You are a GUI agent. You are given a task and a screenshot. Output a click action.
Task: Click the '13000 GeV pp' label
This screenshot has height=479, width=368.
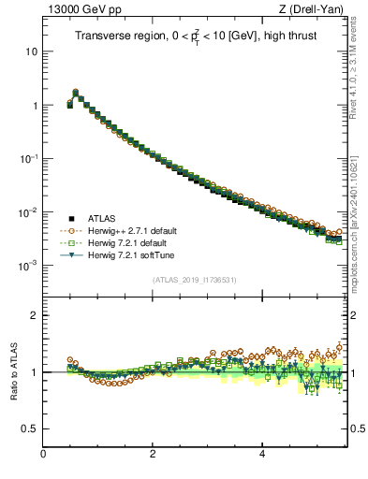[76, 9]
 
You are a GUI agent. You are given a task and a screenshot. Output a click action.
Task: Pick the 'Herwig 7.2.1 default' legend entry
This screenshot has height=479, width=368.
[125, 242]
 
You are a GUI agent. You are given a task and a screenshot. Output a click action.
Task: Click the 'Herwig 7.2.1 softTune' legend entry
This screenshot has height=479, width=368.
[127, 254]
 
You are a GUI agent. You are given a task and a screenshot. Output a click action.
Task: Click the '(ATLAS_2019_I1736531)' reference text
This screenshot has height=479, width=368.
[195, 280]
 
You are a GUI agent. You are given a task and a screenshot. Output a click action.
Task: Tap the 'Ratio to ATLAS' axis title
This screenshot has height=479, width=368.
[13, 371]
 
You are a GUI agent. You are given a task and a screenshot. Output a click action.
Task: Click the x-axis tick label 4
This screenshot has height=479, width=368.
[262, 455]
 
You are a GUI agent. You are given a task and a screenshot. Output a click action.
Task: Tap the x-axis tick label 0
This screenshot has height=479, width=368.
[44, 455]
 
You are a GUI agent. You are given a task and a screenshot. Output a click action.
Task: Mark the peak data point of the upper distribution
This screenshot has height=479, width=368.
[76, 92]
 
